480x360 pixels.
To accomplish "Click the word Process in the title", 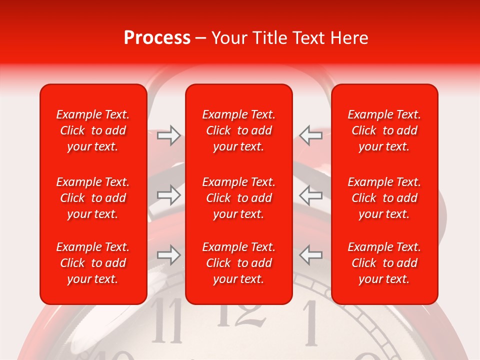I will (157, 38).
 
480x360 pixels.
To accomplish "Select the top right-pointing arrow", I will (169, 135).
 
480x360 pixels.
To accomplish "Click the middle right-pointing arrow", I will (169, 195).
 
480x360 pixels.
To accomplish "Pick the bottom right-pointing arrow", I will (169, 254).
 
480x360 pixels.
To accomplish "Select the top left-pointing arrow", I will (310, 135).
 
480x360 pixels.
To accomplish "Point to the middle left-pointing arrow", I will (310, 195).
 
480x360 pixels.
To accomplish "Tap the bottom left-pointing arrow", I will (310, 254).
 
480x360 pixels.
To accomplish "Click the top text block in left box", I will (93, 130).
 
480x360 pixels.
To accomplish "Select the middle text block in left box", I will (93, 198).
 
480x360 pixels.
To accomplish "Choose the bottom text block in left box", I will (93, 263).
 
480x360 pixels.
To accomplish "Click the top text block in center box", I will (239, 130).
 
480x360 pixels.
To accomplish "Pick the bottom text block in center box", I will (239, 263).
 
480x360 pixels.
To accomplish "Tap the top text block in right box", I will (384, 130).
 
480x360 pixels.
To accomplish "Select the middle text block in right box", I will (384, 198).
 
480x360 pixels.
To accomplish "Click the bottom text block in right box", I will (384, 263).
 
